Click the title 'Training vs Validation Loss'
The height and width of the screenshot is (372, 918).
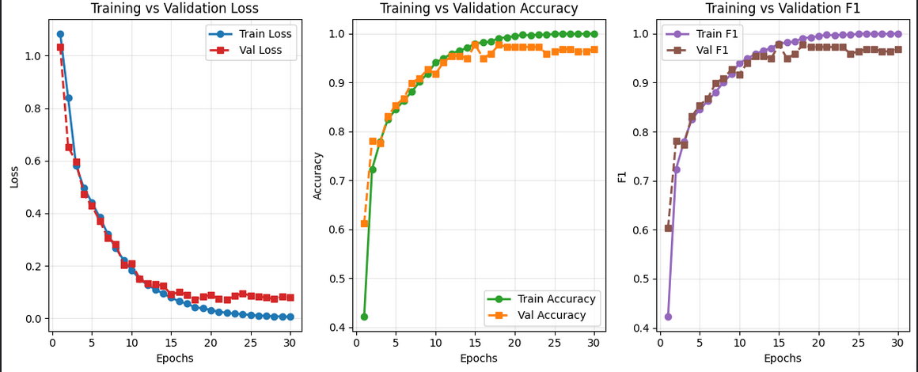pyautogui.click(x=174, y=9)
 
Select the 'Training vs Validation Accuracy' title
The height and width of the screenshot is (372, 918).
pyautogui.click(x=479, y=9)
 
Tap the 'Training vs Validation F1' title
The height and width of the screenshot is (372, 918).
pyautogui.click(x=783, y=9)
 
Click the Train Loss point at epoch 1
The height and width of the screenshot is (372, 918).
pyautogui.click(x=60, y=34)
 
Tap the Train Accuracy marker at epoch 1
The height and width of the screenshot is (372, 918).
pyautogui.click(x=364, y=317)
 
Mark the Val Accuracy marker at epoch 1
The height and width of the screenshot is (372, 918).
pyautogui.click(x=364, y=223)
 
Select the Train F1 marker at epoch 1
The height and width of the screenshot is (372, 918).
pyautogui.click(x=668, y=317)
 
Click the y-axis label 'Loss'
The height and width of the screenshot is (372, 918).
pyautogui.click(x=14, y=176)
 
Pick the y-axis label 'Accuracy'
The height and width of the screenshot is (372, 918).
pyautogui.click(x=318, y=176)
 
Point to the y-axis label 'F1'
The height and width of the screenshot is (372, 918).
pyautogui.click(x=622, y=176)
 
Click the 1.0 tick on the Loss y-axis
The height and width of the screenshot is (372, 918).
pyautogui.click(x=32, y=56)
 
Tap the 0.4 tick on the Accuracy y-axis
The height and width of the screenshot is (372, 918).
pyautogui.click(x=336, y=327)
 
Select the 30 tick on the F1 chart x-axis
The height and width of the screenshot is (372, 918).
pyautogui.click(x=897, y=342)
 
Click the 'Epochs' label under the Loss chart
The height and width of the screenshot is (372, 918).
pyautogui.click(x=174, y=358)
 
